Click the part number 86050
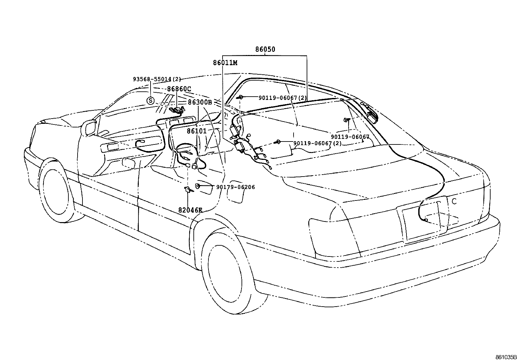pos(265,50)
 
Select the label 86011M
pos(225,63)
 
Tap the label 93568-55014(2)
pos(157,79)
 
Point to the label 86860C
pos(179,89)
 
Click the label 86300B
pos(200,102)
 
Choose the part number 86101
pos(197,131)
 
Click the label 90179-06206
pos(235,187)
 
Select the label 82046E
pos(190,210)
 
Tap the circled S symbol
pos(150,101)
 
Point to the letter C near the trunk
pos(454,201)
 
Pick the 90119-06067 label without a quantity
pos(350,137)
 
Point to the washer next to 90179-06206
pos(198,186)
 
